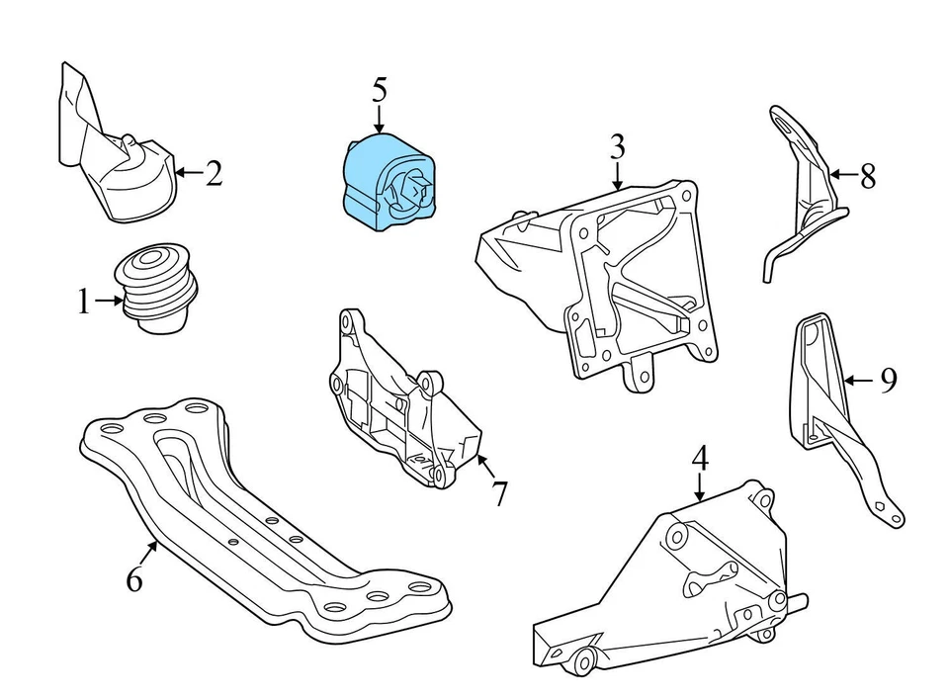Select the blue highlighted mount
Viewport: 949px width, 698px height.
pyautogui.click(x=388, y=184)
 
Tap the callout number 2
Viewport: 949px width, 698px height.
pyautogui.click(x=214, y=174)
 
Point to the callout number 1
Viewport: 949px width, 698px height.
pyautogui.click(x=84, y=302)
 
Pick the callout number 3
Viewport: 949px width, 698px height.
pyautogui.click(x=617, y=147)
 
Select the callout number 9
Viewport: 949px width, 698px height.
pyautogui.click(x=887, y=380)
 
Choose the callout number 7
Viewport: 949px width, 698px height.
pyautogui.click(x=499, y=492)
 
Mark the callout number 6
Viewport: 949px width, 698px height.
pyautogui.click(x=134, y=578)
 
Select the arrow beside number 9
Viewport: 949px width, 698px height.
pyautogui.click(x=858, y=379)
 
